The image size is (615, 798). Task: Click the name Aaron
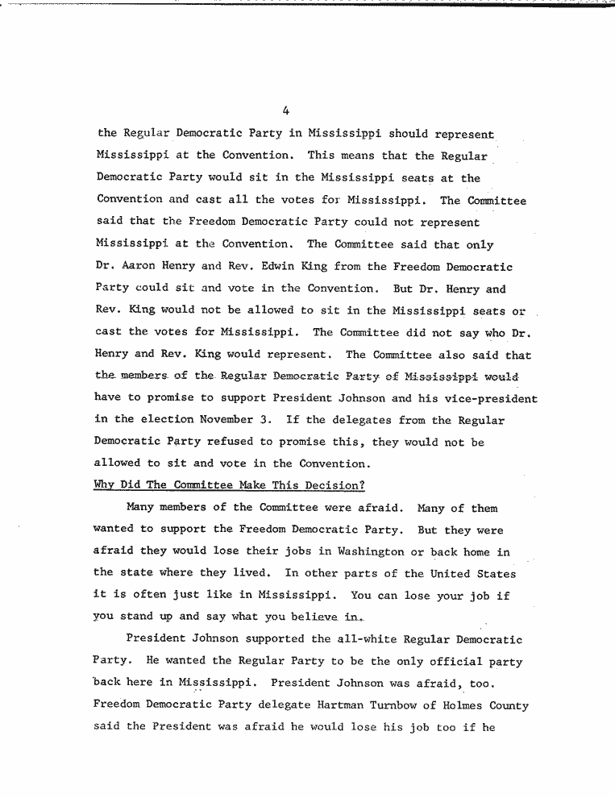click(x=139, y=266)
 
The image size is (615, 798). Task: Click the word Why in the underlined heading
click(x=105, y=485)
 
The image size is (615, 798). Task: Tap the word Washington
click(x=359, y=551)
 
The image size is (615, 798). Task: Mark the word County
click(x=510, y=705)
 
